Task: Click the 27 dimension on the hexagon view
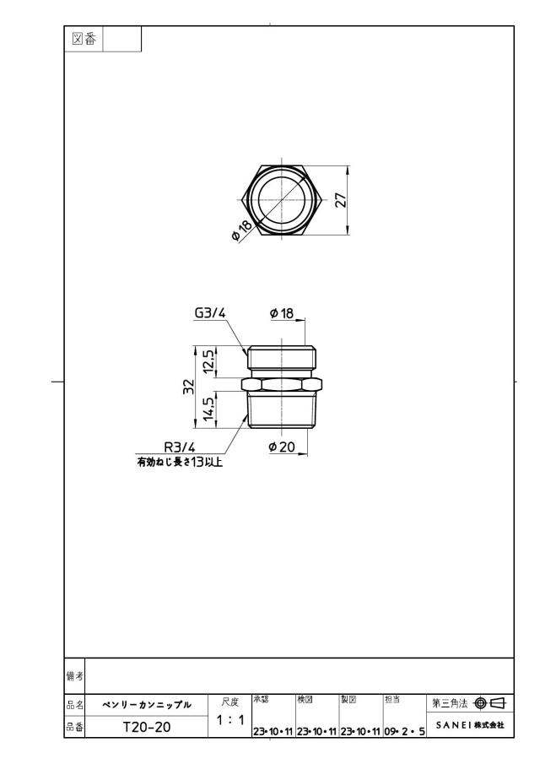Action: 342,200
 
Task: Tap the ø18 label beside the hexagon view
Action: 242,230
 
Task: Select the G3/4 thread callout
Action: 210,313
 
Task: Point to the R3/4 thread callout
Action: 179,447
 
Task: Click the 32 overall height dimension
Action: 189,387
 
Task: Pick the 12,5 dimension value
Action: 209,362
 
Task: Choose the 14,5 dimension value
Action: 209,409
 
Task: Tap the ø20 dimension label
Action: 282,447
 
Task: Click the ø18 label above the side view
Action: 283,313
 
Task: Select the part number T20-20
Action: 147,727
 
